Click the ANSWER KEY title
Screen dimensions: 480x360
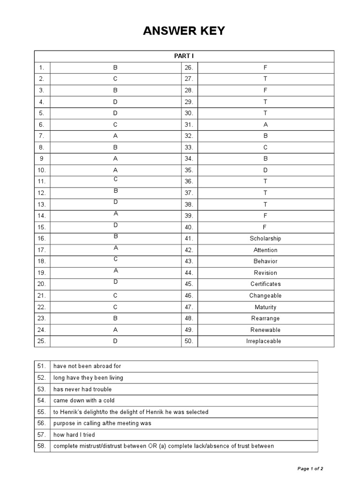tap(184, 31)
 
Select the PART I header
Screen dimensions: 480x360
tap(184, 56)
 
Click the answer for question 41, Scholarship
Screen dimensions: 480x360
tap(265, 239)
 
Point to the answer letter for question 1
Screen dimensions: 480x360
tap(115, 67)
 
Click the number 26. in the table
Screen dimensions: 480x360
tap(189, 67)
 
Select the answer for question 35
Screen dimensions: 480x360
tap(265, 170)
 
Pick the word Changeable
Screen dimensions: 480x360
tap(265, 296)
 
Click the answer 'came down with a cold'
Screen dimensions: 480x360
tap(84, 400)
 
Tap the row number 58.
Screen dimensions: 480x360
tap(42, 446)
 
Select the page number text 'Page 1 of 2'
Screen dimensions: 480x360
tap(310, 468)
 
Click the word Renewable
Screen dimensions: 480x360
tap(265, 330)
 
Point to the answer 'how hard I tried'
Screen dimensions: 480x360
tap(74, 435)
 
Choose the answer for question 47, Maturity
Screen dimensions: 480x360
tap(265, 307)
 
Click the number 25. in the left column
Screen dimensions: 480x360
tap(42, 341)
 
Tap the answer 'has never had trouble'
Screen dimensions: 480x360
tap(82, 389)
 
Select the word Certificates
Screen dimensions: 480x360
tap(265, 284)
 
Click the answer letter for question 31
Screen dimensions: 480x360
tap(265, 125)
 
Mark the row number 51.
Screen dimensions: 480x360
tap(42, 366)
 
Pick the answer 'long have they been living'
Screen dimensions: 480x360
tap(88, 377)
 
